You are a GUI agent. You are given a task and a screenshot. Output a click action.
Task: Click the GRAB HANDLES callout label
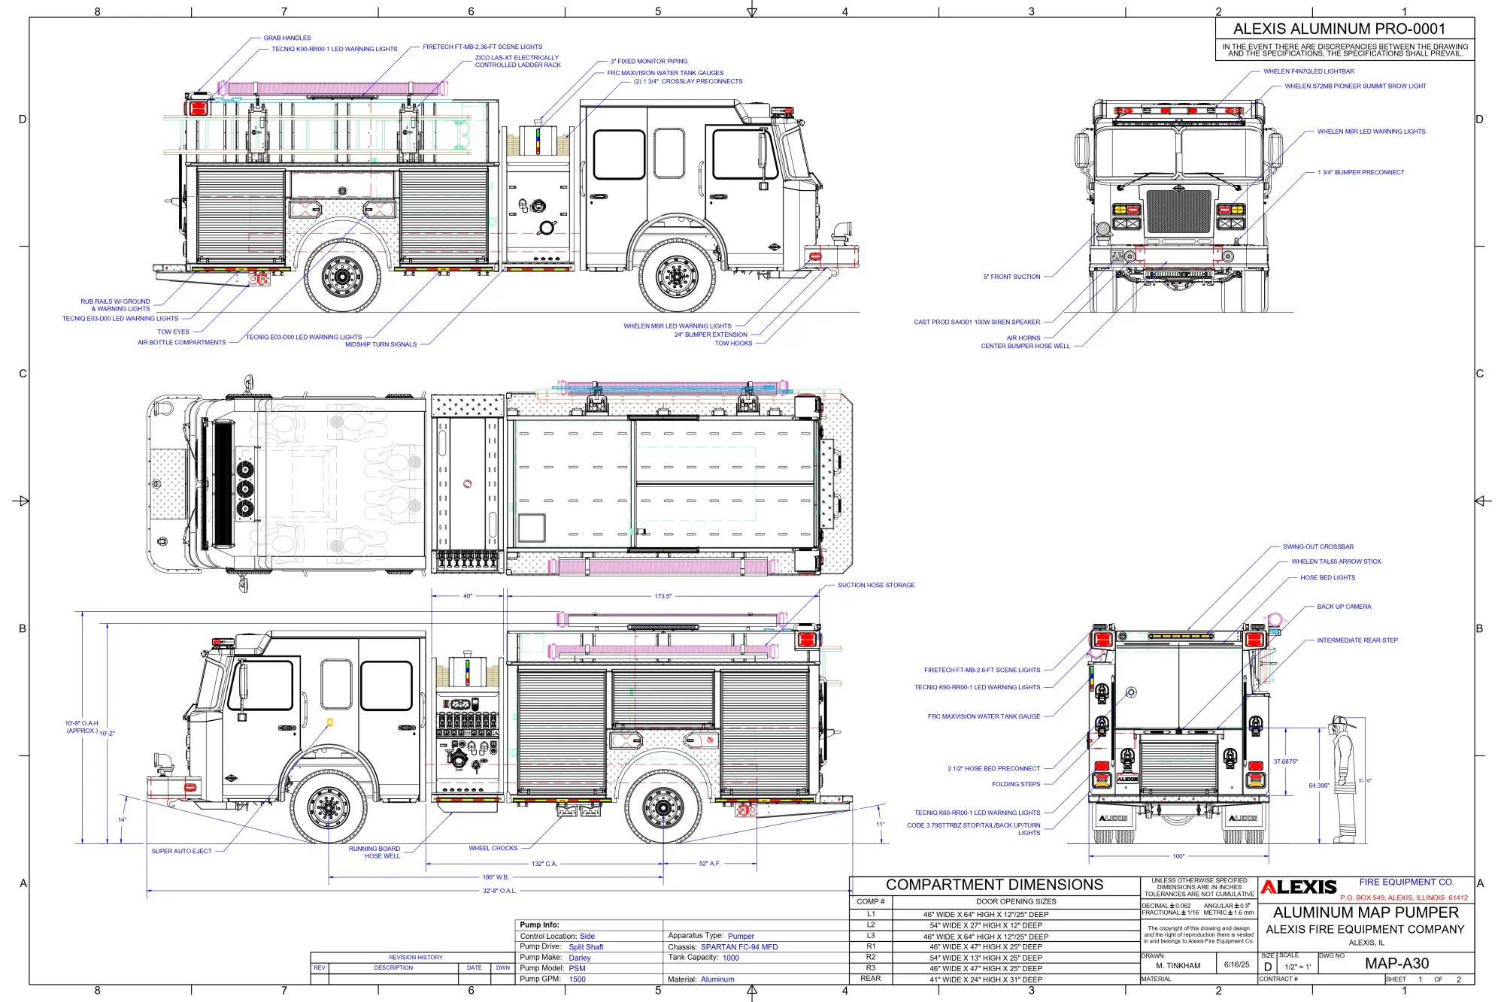pos(287,38)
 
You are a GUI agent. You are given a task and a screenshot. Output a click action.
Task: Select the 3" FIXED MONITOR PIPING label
pos(648,62)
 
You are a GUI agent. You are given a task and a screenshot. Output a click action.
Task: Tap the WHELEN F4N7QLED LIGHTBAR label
pos(1308,71)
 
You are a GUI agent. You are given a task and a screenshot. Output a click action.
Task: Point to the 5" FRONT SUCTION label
pos(1011,277)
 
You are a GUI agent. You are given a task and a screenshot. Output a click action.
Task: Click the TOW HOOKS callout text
pos(733,344)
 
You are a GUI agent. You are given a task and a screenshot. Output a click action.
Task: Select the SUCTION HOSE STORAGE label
pos(876,585)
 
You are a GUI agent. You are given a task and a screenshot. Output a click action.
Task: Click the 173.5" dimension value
pos(663,596)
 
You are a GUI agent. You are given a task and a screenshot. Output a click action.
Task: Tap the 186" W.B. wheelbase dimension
pos(496,877)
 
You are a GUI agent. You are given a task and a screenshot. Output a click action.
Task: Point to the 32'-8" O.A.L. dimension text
pos(499,891)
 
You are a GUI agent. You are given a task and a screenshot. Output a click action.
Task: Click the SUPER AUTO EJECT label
pos(181,852)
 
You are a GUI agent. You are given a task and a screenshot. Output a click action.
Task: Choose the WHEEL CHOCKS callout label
pos(493,848)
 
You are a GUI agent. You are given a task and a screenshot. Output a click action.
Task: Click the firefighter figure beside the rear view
pos(1344,778)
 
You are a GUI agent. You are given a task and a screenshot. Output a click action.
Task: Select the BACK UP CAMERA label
pos(1344,607)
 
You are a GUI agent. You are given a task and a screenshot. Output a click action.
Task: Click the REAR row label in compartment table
pos(870,979)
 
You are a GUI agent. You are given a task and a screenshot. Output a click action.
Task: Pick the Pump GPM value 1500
pos(577,979)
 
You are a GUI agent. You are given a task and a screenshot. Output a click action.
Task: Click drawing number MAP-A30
pos(1396,964)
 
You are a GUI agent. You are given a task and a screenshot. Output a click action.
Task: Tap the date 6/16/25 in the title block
pos(1236,964)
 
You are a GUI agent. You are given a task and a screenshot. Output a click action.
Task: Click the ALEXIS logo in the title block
pos(1299,887)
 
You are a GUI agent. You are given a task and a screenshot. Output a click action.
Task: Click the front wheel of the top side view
pos(677,277)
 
